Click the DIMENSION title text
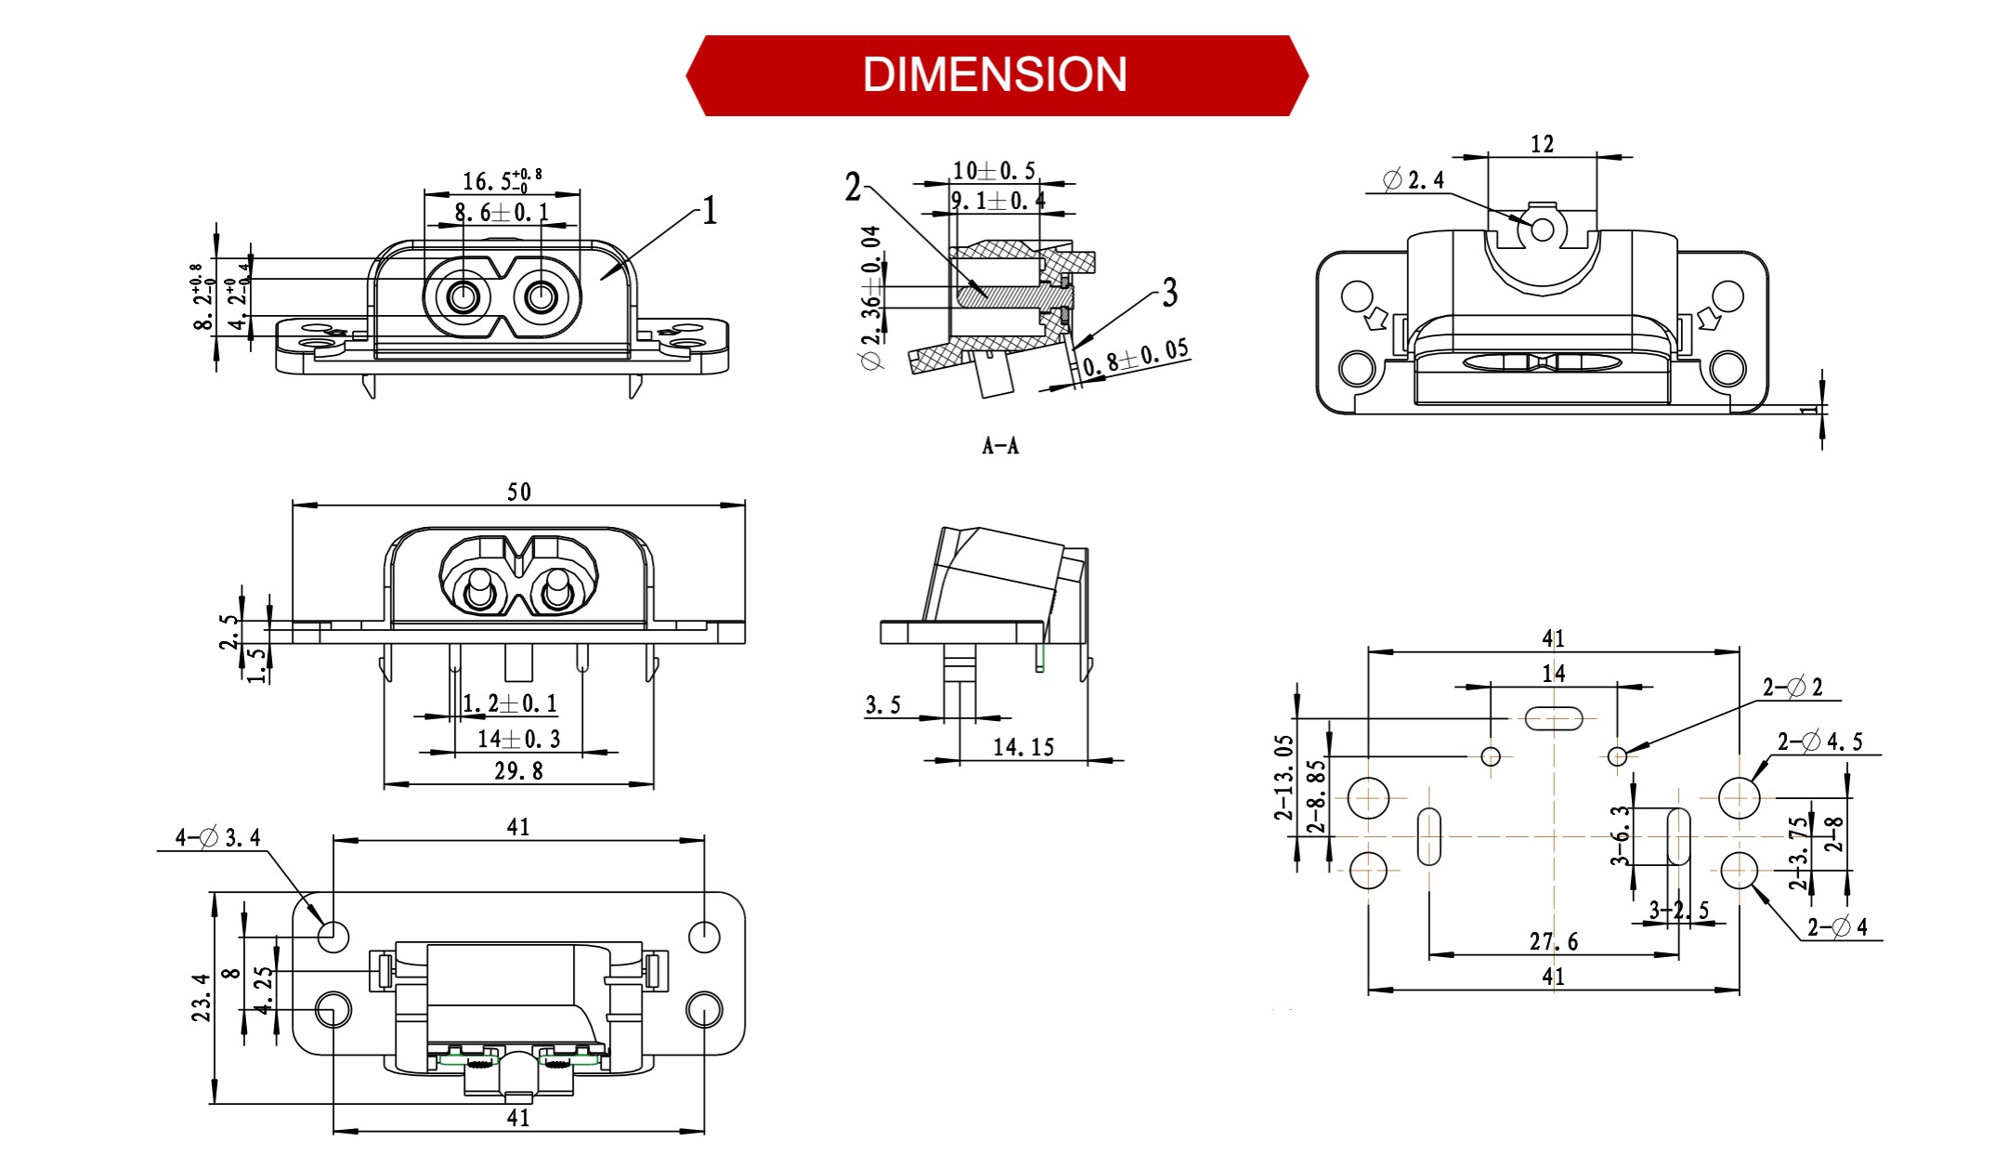pos(995,75)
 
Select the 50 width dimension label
pos(519,492)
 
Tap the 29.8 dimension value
pos(518,771)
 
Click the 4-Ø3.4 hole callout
pos(218,838)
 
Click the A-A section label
pos(1000,447)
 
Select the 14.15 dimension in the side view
pos(1024,748)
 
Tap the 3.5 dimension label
pos(882,705)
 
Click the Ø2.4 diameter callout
pos(1414,180)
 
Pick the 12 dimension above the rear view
pos(1542,144)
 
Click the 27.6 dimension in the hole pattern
pos(1553,942)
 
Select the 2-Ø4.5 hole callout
pos(1819,741)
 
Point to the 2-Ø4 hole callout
pos(1836,926)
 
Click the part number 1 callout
pos(710,211)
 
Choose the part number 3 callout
pos(1169,293)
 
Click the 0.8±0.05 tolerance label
pos(1136,357)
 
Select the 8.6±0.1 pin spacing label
pos(502,213)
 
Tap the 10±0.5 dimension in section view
pos(993,171)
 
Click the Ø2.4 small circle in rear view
pos(1542,229)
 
